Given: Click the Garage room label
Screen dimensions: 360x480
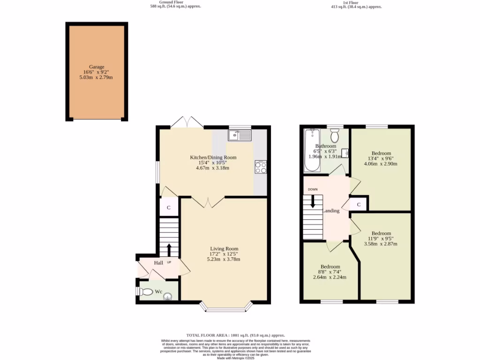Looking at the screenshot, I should [97, 67].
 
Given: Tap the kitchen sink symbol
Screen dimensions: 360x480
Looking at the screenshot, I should [240, 135].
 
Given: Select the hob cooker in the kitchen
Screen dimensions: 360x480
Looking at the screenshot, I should [261, 167].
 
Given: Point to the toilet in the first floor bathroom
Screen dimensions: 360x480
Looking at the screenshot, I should [335, 136].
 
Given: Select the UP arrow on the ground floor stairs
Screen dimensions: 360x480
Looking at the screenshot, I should [169, 249].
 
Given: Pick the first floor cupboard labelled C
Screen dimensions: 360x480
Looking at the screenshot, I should [359, 204].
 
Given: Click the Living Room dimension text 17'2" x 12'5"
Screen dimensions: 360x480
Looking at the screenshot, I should [224, 254].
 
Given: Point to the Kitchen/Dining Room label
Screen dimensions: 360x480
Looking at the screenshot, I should [213, 157].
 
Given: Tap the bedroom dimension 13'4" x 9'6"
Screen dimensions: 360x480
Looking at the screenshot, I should [381, 158].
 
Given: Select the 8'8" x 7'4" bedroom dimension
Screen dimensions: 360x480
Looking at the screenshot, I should [330, 272].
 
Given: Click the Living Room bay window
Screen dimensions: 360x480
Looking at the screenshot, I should [226, 307].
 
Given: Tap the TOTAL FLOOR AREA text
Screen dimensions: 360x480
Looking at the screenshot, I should [235, 335].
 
